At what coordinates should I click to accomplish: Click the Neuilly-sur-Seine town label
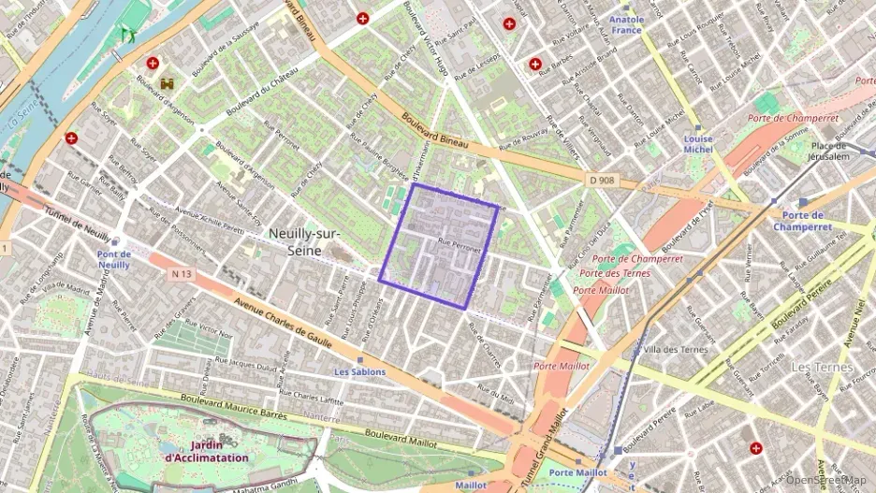click(x=305, y=241)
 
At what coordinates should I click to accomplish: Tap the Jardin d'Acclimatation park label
click(x=207, y=452)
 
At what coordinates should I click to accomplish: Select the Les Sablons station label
click(x=359, y=371)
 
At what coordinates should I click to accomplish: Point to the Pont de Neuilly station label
click(x=113, y=259)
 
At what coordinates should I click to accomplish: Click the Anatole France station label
click(x=626, y=24)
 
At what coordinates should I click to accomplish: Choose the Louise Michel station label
click(x=697, y=144)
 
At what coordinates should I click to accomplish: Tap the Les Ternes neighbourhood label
click(x=822, y=367)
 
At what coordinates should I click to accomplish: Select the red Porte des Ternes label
click(x=615, y=273)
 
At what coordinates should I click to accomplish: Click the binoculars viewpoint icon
click(x=168, y=84)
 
